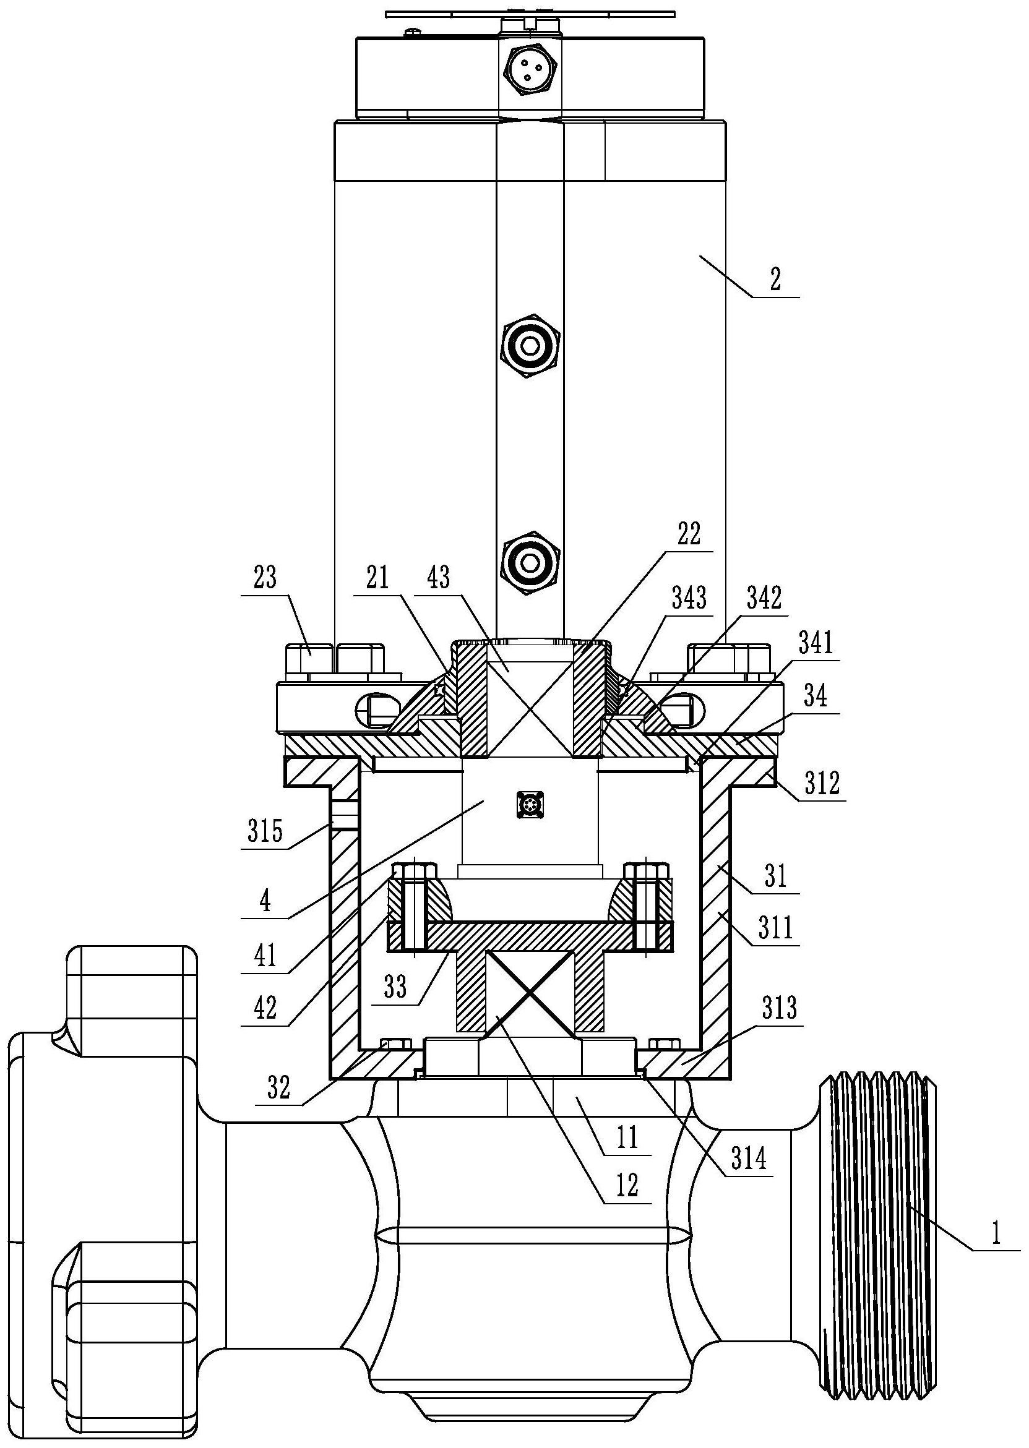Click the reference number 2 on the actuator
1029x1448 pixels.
click(x=775, y=279)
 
